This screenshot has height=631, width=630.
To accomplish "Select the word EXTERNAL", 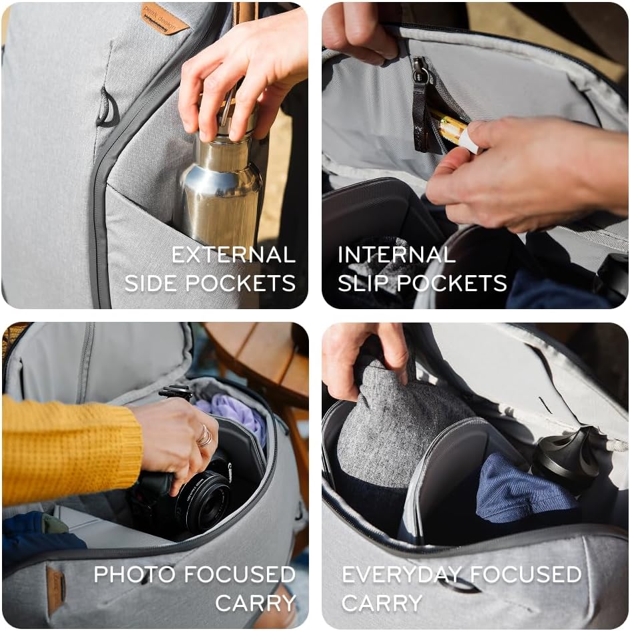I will pos(233,254).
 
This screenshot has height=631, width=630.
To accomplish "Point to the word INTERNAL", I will pos(396,254).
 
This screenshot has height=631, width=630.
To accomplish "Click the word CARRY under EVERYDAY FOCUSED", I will pos(382,603).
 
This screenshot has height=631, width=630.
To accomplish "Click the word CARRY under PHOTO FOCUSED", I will pos(256,603).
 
